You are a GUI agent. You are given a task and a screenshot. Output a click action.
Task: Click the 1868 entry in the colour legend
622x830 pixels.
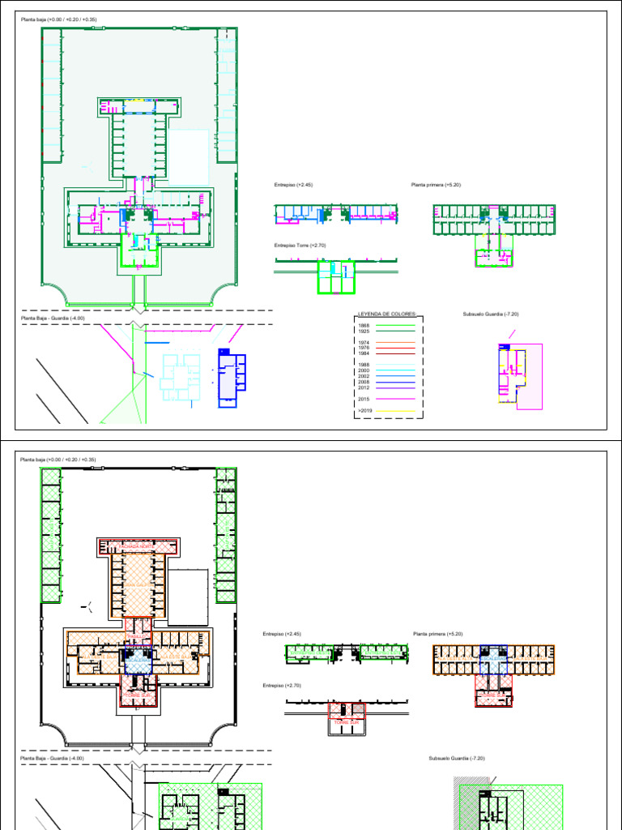pyautogui.click(x=364, y=325)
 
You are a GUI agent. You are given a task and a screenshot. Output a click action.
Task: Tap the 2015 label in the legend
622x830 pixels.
pyautogui.click(x=364, y=399)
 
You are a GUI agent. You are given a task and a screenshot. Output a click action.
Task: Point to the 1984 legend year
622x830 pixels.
pyautogui.click(x=364, y=353)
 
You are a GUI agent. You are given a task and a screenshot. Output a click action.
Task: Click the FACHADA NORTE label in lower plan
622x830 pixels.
pyautogui.click(x=136, y=546)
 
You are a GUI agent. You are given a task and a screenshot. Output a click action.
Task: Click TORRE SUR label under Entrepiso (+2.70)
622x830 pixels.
pyautogui.click(x=346, y=721)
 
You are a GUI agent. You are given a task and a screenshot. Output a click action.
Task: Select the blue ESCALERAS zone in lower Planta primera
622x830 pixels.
pyautogui.click(x=493, y=658)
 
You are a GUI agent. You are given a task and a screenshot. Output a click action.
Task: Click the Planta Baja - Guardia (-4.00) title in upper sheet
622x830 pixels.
pyautogui.click(x=50, y=319)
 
